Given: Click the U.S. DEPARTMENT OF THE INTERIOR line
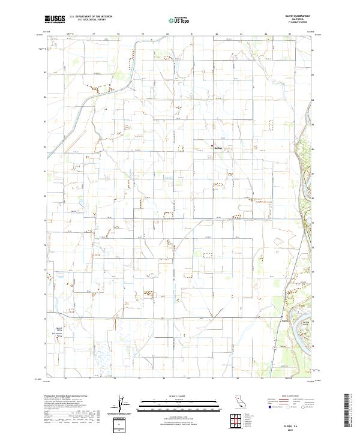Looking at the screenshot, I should click(x=91, y=17).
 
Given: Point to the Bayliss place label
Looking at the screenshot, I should click(x=218, y=146).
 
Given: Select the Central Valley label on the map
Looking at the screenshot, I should click(x=59, y=329).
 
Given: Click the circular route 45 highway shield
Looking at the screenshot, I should click(x=274, y=347).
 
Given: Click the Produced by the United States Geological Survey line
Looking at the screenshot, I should click(x=64, y=397).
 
